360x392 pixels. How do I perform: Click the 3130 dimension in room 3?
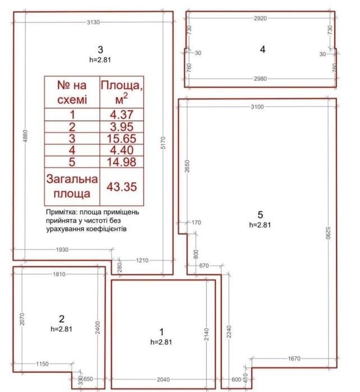(x=93, y=22)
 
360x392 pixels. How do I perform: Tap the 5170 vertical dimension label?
(x=163, y=143)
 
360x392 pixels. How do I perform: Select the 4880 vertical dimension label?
(x=25, y=136)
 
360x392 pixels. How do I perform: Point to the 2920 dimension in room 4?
(x=260, y=19)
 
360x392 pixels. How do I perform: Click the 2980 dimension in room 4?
(x=260, y=79)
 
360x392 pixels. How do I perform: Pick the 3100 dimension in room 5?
(x=257, y=107)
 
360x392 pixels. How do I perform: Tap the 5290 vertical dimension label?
(x=328, y=233)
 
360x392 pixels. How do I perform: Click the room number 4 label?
(x=262, y=49)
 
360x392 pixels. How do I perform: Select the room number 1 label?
(x=161, y=332)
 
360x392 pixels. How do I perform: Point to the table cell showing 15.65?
(x=122, y=139)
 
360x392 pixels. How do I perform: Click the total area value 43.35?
(x=122, y=187)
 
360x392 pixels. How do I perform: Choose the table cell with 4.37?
(x=122, y=115)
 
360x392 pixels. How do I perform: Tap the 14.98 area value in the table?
(x=122, y=162)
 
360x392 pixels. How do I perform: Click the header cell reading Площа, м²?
(x=122, y=92)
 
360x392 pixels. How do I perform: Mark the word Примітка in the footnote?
(x=61, y=212)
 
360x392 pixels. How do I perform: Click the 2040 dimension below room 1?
(x=163, y=380)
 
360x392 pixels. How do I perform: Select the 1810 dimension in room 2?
(x=59, y=274)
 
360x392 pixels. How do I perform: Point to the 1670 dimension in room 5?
(x=294, y=358)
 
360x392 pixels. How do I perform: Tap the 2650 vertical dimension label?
(x=187, y=166)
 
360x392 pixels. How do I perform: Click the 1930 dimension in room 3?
(x=62, y=250)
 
